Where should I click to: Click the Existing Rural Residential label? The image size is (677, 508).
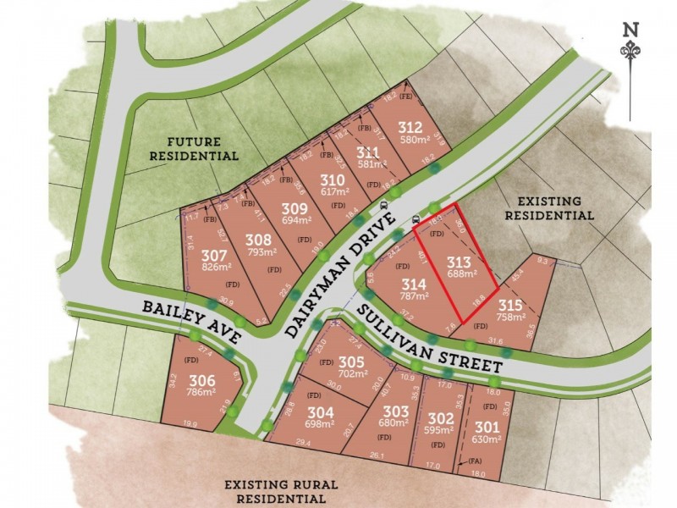pos(281,492)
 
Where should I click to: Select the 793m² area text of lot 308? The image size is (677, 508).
pos(261,251)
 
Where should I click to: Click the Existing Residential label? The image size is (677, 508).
pos(548,208)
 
